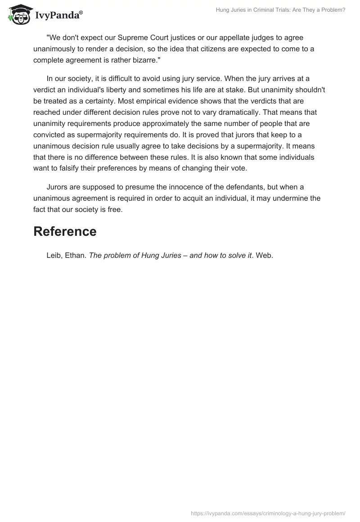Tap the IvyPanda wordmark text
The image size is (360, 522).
pos(58,15)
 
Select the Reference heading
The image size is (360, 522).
pos(65,231)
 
